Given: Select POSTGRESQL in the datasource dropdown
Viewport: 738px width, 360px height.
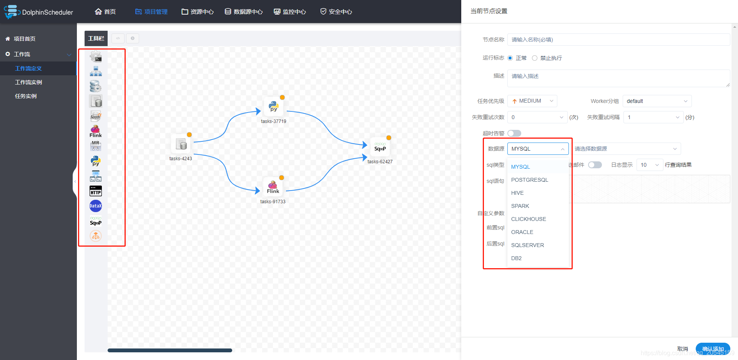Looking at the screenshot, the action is (x=530, y=180).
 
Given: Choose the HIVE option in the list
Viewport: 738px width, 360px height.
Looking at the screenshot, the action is (x=517, y=193).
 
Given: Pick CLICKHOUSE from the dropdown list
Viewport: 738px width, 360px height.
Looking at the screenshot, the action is (x=529, y=219).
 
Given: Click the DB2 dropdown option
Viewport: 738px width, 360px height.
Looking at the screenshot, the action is (x=516, y=258).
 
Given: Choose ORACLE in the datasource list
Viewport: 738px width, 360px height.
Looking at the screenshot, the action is (x=522, y=232).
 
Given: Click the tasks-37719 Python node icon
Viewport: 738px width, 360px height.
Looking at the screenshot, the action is (x=274, y=106).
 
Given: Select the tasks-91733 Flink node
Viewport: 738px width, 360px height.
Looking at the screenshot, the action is (x=273, y=186).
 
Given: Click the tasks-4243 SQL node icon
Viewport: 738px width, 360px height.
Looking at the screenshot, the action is (x=181, y=144).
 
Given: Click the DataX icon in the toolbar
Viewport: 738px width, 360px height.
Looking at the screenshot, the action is (x=96, y=206).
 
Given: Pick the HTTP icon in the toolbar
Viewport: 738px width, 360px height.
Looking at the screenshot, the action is (x=96, y=191).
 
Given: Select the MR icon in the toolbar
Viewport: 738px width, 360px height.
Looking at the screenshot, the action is (x=96, y=146).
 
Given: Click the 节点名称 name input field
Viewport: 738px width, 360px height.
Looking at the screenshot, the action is (x=618, y=40).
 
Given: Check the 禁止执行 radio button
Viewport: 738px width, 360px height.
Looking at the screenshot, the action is (x=535, y=58).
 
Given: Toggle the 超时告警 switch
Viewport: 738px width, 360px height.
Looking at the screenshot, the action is (x=514, y=133).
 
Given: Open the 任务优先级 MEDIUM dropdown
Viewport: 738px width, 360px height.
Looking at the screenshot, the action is (x=532, y=101).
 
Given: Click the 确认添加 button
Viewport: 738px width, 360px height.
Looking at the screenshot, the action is (x=713, y=349).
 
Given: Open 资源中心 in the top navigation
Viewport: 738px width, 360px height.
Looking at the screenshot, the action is (x=198, y=12).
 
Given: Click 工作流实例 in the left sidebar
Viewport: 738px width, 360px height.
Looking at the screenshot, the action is (x=28, y=82).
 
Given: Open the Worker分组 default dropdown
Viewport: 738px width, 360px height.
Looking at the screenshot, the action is (x=657, y=101).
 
